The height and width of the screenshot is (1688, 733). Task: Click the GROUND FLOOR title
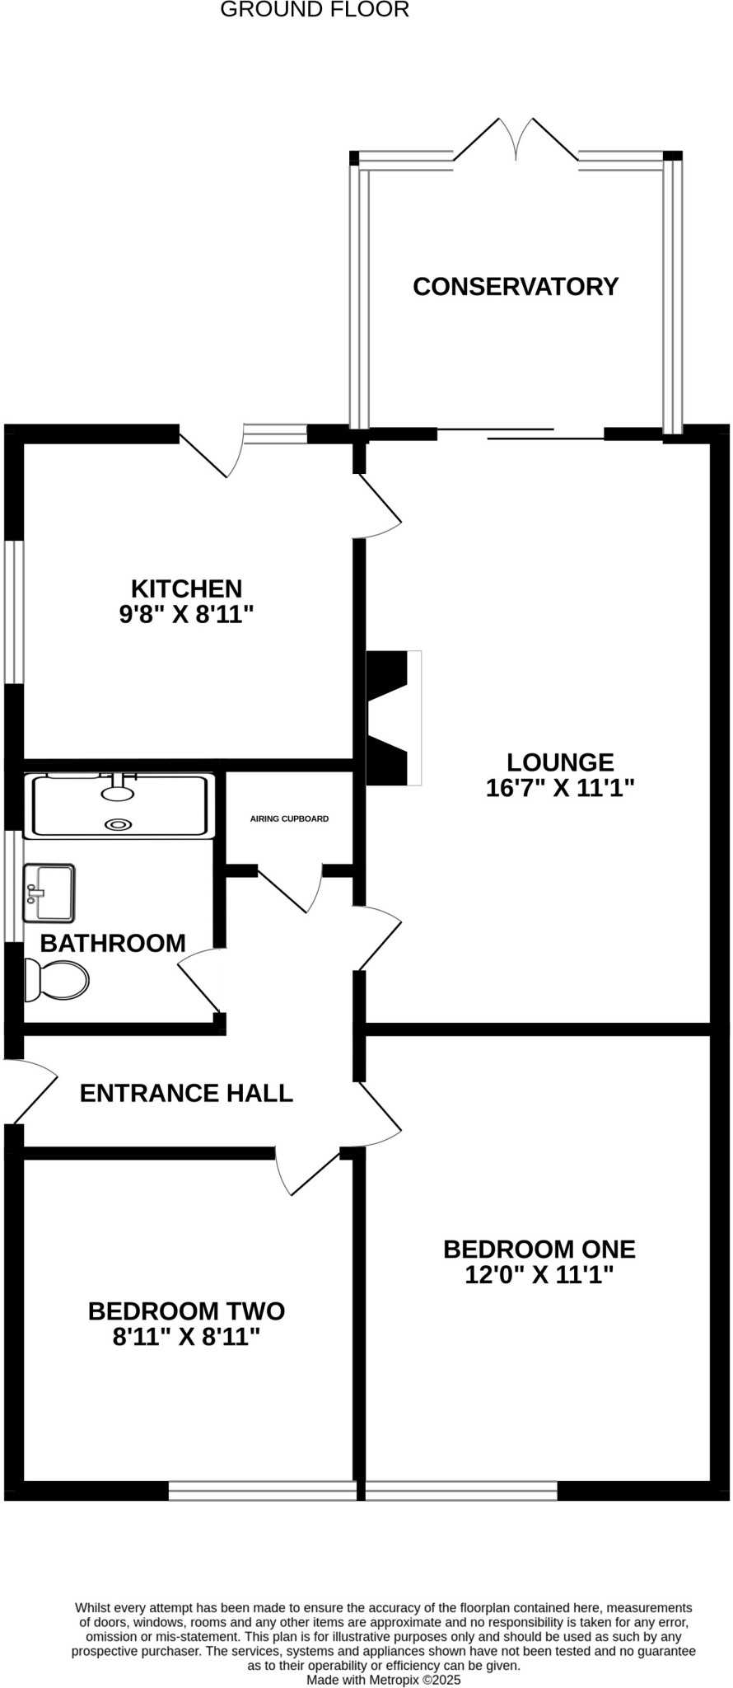click(x=315, y=10)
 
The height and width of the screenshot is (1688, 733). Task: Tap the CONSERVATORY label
click(x=515, y=286)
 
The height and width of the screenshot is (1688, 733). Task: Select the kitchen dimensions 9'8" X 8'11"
click(x=186, y=615)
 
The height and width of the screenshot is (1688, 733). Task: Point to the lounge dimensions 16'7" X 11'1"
click(x=560, y=788)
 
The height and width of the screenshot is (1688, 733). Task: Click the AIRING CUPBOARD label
click(x=289, y=818)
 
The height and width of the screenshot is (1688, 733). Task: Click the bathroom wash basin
click(x=49, y=893)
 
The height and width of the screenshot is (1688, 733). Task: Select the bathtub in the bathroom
click(x=119, y=806)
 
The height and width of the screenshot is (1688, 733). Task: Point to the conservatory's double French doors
click(x=516, y=140)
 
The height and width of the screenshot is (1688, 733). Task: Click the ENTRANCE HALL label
click(x=186, y=1093)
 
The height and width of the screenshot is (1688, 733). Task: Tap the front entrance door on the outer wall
click(x=31, y=1090)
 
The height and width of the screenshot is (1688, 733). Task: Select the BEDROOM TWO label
click(x=186, y=1311)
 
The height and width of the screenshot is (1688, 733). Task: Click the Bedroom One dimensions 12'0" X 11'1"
click(x=539, y=1275)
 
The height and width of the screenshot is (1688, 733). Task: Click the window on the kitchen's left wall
click(x=14, y=612)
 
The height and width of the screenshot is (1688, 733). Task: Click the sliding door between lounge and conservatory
click(x=521, y=434)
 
